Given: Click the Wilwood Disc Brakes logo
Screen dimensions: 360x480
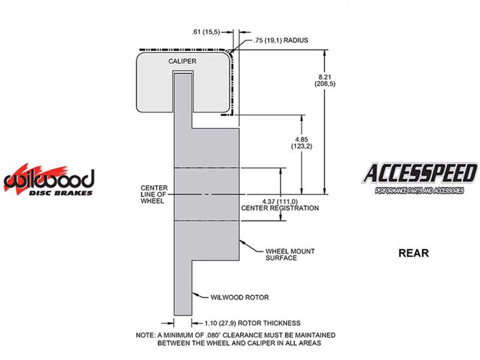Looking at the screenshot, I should coord(49,180).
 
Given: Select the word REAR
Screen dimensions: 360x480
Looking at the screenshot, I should coord(413,253).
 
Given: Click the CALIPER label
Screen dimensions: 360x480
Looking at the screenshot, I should coord(182,61).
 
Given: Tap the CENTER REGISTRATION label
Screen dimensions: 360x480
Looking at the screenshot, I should coord(280,208).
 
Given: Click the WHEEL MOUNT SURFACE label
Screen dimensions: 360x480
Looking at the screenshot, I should coord(290,255).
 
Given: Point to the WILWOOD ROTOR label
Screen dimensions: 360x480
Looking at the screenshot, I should coord(239,297).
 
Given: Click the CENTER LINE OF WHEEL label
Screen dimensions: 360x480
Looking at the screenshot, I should coord(154,194).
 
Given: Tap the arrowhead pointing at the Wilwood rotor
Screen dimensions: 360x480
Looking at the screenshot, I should coord(194,294).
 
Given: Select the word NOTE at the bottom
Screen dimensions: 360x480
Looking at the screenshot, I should coord(145,335).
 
